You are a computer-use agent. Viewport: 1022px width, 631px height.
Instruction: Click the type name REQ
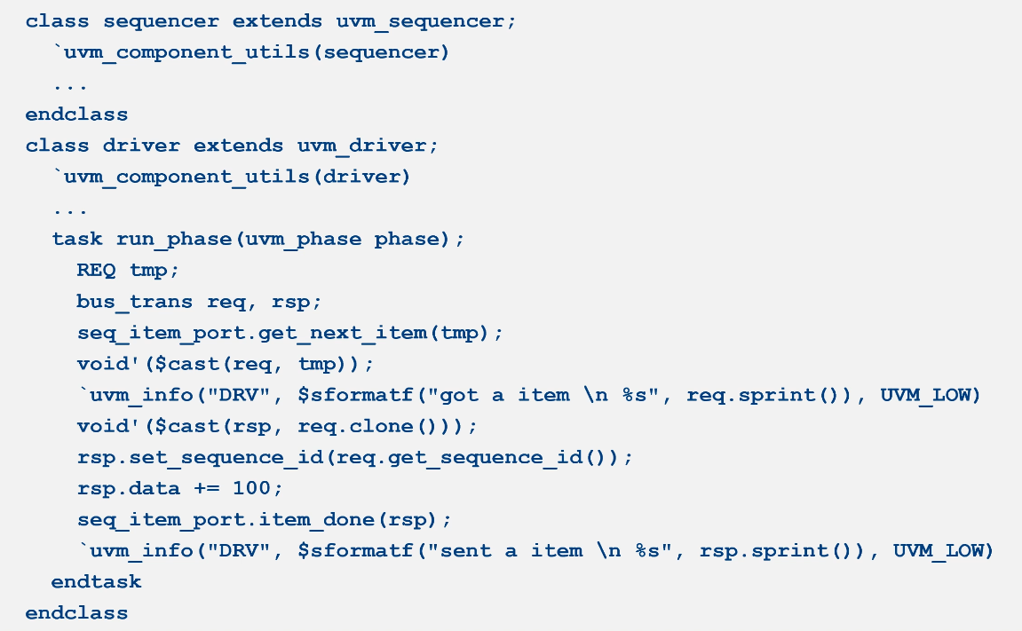point(96,270)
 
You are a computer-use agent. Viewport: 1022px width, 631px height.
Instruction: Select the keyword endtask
point(96,582)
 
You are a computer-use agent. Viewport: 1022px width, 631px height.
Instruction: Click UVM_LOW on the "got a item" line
point(931,395)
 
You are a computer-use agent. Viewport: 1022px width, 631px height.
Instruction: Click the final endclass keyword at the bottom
point(76,613)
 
